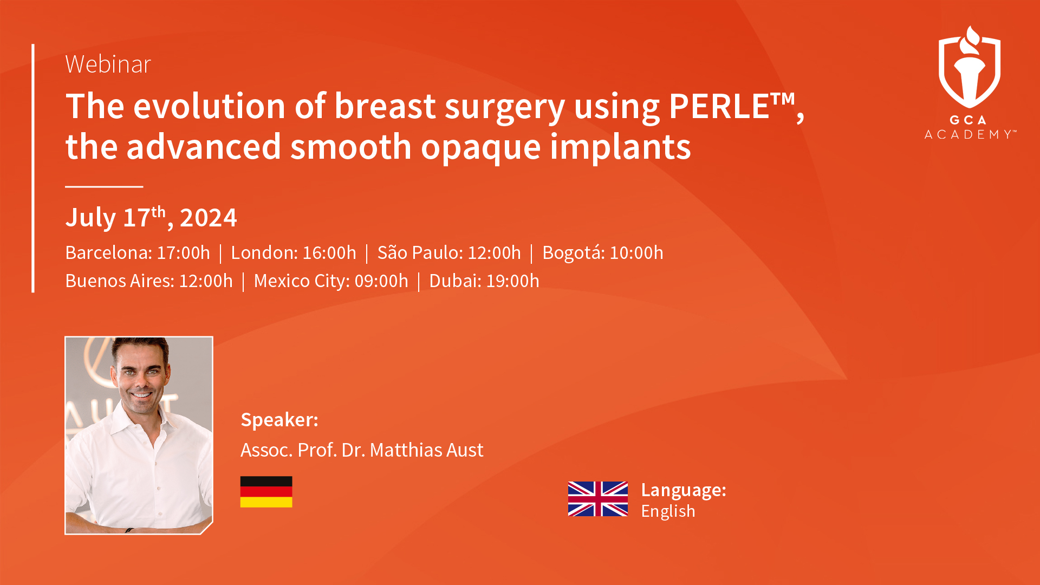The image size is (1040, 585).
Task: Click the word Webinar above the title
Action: point(108,64)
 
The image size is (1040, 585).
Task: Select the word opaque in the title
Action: point(480,147)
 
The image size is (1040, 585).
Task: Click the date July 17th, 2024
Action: point(151,217)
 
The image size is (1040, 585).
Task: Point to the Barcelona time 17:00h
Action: point(183,252)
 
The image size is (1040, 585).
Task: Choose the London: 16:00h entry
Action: point(294,252)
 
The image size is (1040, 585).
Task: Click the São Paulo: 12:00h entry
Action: point(449,252)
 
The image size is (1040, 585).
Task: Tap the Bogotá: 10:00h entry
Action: point(603,252)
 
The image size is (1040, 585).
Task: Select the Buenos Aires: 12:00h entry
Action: point(149,281)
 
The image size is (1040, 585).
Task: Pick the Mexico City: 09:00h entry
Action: point(331,281)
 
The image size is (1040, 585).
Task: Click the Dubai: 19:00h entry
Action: point(484,281)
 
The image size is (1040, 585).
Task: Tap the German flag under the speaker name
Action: point(266,492)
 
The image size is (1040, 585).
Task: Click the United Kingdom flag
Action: point(598,499)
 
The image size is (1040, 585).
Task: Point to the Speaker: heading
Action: point(279,420)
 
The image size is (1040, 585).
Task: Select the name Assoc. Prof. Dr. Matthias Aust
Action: point(362,450)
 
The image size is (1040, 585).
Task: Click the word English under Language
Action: point(668,511)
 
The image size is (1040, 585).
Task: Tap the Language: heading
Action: point(684,490)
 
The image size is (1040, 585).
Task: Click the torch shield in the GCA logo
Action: point(970,67)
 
